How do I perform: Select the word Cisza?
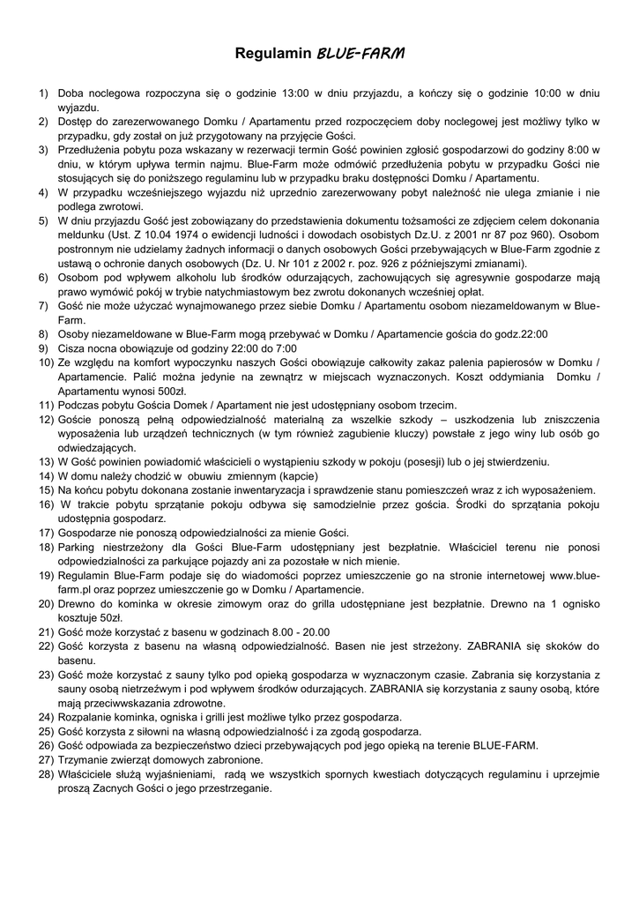click(73, 347)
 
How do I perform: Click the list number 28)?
click(43, 773)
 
